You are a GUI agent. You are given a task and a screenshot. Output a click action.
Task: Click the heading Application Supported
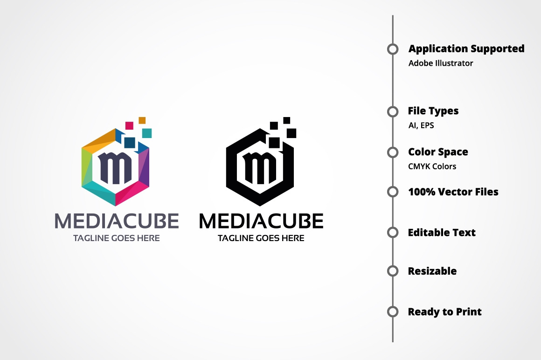pyautogui.click(x=466, y=48)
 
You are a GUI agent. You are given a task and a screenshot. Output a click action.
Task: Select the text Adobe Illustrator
pyautogui.click(x=441, y=63)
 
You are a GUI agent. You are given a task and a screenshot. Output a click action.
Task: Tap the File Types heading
pyautogui.click(x=433, y=111)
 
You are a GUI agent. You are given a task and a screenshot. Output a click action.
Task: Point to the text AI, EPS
pyautogui.click(x=421, y=125)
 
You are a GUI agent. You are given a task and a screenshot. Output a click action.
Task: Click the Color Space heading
pyautogui.click(x=438, y=152)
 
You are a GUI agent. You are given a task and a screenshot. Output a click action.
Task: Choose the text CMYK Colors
pyautogui.click(x=432, y=166)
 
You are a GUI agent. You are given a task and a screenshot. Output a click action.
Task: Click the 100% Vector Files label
pyautogui.click(x=453, y=192)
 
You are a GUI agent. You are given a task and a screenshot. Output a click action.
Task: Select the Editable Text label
pyautogui.click(x=442, y=232)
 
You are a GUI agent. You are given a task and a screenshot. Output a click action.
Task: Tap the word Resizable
pyautogui.click(x=432, y=271)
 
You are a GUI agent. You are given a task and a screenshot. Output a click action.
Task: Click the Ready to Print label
pyautogui.click(x=444, y=312)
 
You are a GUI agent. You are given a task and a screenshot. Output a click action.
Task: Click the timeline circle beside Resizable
pyautogui.click(x=393, y=271)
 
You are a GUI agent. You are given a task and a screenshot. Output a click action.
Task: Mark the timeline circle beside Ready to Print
pyautogui.click(x=393, y=312)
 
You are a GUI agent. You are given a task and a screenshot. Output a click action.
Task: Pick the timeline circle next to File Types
pyautogui.click(x=393, y=111)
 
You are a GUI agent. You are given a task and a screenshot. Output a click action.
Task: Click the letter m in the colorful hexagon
pyautogui.click(x=115, y=167)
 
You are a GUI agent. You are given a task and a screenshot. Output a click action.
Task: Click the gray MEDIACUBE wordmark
pyautogui.click(x=117, y=221)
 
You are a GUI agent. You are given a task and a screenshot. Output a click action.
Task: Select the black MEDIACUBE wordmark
pyautogui.click(x=261, y=221)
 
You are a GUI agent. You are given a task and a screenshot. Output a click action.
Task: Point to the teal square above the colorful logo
pyautogui.click(x=147, y=133)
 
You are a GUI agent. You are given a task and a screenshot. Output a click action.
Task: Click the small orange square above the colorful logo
pyautogui.click(x=142, y=120)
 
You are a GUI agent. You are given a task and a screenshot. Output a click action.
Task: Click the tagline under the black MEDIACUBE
pyautogui.click(x=261, y=238)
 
